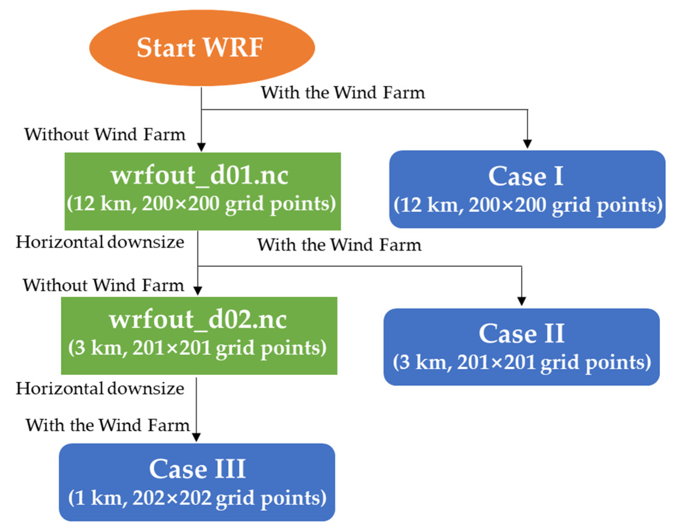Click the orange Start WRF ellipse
click(202, 48)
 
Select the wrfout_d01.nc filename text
click(200, 176)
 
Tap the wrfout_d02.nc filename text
click(198, 320)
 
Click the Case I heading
click(526, 176)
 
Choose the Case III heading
click(197, 469)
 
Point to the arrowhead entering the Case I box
click(527, 144)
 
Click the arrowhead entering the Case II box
click(522, 301)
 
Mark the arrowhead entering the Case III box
click(196, 437)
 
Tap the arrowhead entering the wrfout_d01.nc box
click(202, 147)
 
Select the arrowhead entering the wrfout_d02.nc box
click(198, 291)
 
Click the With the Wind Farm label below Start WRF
click(343, 93)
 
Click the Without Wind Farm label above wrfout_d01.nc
click(105, 135)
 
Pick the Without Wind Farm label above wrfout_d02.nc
click(103, 285)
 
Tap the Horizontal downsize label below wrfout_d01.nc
click(100, 242)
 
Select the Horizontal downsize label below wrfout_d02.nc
click(100, 389)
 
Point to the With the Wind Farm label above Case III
click(108, 425)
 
